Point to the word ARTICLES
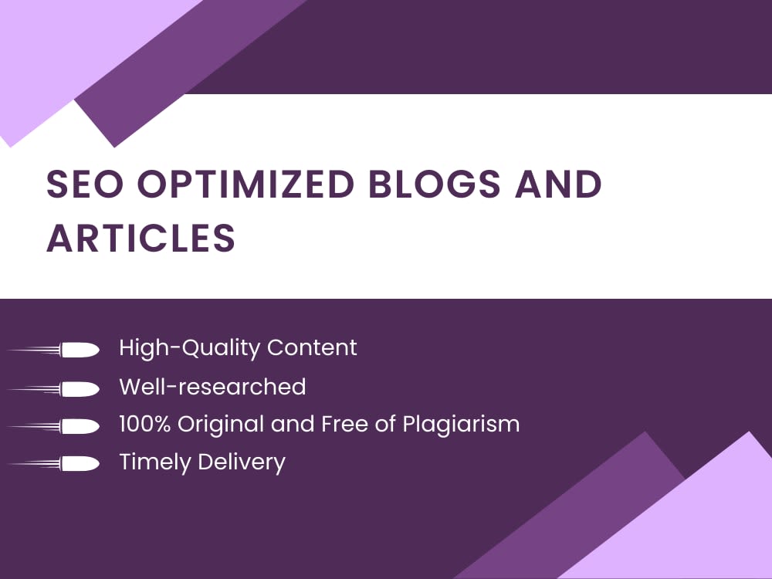coord(141,239)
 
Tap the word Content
coord(312,347)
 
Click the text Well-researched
coord(212,386)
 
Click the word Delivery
coord(242,462)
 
